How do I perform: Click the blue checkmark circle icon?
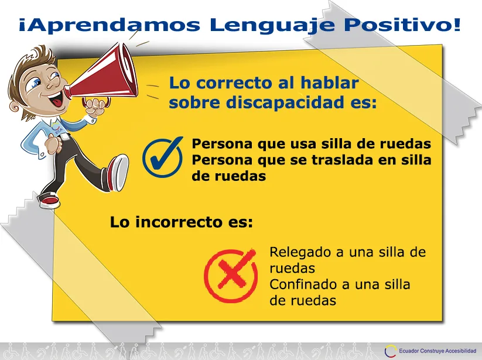[163, 157]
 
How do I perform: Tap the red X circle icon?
[231, 276]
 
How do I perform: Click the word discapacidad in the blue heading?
[285, 102]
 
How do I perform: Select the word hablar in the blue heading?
[329, 83]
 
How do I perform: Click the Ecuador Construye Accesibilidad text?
[437, 351]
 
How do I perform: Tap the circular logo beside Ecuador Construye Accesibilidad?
[391, 351]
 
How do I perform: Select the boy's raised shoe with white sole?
[118, 172]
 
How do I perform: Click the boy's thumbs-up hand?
[53, 142]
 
